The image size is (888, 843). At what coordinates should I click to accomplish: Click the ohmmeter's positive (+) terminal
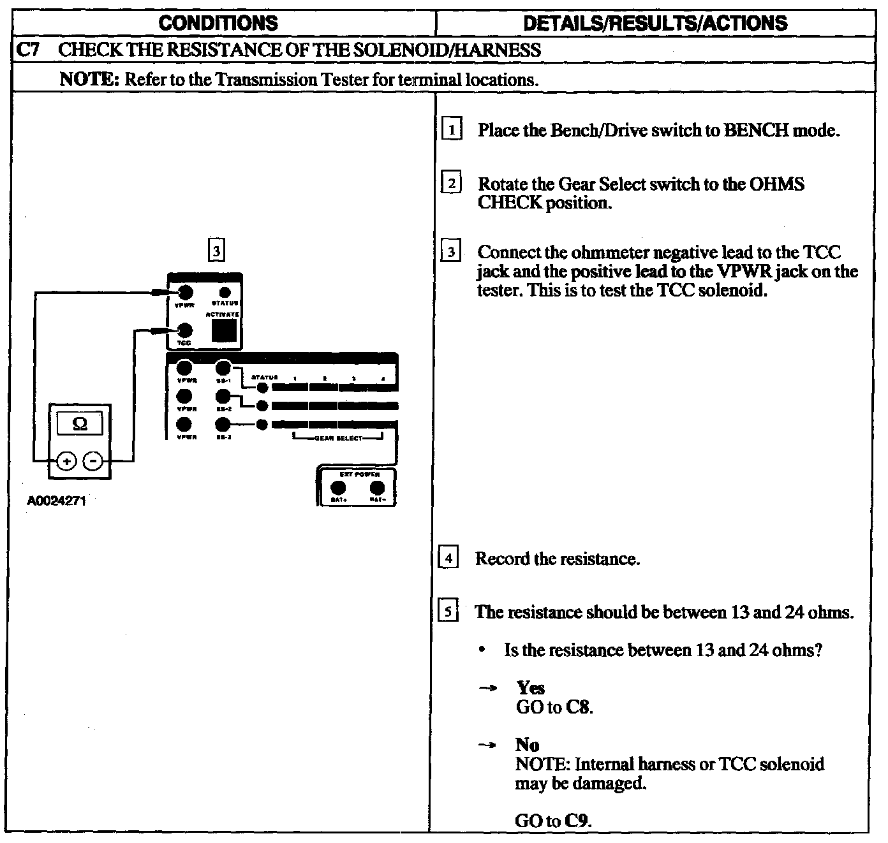point(68,460)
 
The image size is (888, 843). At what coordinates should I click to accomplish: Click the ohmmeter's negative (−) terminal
point(93,460)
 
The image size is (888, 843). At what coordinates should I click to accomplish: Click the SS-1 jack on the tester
point(223,368)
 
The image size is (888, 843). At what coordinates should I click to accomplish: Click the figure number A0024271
point(56,501)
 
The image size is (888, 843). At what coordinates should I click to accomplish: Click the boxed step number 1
point(452,130)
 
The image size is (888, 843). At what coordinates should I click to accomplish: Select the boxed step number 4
point(448,559)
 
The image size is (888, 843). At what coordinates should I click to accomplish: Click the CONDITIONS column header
point(218,24)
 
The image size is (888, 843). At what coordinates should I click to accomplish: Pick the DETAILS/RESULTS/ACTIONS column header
point(655,24)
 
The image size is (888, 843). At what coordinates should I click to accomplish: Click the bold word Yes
point(531,688)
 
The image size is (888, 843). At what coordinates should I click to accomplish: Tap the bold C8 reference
point(579,707)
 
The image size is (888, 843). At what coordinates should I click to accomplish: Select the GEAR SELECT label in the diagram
point(338,438)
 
